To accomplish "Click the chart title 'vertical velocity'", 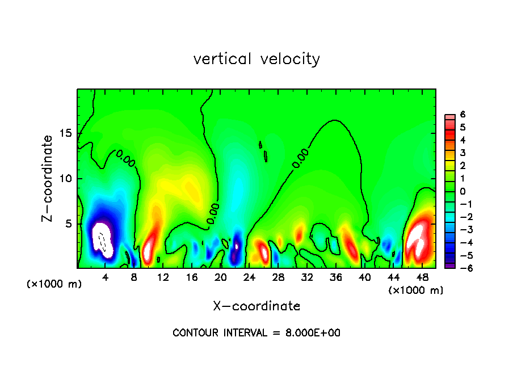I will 256,59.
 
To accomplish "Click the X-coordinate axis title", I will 256,306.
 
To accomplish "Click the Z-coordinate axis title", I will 48,178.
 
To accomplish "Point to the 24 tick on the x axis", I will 249,277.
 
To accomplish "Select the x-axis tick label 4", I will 106,277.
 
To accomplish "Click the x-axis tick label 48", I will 422,277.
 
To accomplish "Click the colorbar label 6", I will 462,115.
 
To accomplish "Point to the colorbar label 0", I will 462,192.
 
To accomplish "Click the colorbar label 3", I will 462,153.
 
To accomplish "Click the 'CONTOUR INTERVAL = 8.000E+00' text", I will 256,333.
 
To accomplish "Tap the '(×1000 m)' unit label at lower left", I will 54,284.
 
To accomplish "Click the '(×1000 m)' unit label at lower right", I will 416,290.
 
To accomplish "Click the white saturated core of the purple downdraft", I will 103,238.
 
